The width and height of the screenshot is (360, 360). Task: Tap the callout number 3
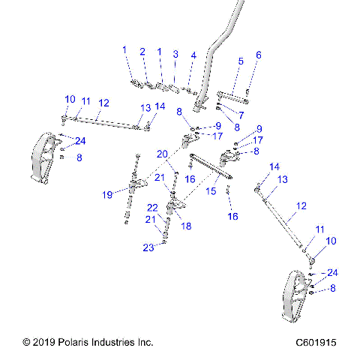coord(175,54)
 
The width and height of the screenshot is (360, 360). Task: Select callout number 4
coord(193,55)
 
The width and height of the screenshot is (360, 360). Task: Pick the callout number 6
coord(259,55)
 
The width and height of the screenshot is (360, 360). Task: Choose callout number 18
coord(187,225)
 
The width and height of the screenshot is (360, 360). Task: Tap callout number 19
coord(109,195)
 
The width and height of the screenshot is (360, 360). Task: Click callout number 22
coord(152,208)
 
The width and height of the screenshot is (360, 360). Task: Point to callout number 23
coord(149,247)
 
